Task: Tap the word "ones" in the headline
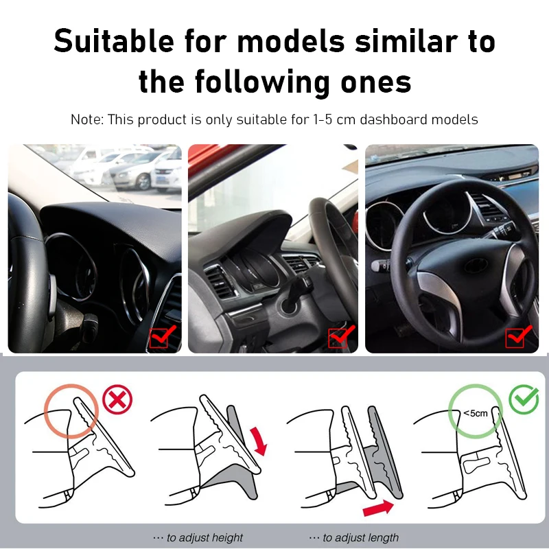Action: click(374, 82)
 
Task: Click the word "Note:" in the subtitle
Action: click(88, 119)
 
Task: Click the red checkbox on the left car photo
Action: click(162, 336)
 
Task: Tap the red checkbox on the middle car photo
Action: click(340, 336)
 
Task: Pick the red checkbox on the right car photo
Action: click(517, 336)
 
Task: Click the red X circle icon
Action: click(117, 399)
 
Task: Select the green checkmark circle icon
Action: click(524, 399)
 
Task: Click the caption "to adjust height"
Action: click(198, 537)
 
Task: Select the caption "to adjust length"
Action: click(354, 537)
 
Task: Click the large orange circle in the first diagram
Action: click(71, 414)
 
